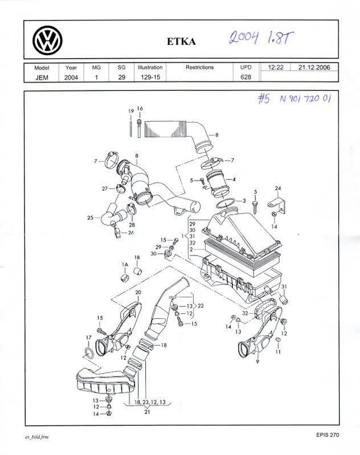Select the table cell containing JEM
(42, 77)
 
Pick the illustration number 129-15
(150, 77)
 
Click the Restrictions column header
(199, 67)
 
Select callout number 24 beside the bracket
(278, 188)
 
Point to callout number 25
(90, 218)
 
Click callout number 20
(138, 292)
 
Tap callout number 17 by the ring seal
(88, 338)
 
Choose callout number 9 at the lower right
(257, 362)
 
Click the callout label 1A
(124, 265)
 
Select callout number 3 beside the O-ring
(244, 201)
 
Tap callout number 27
(105, 188)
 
